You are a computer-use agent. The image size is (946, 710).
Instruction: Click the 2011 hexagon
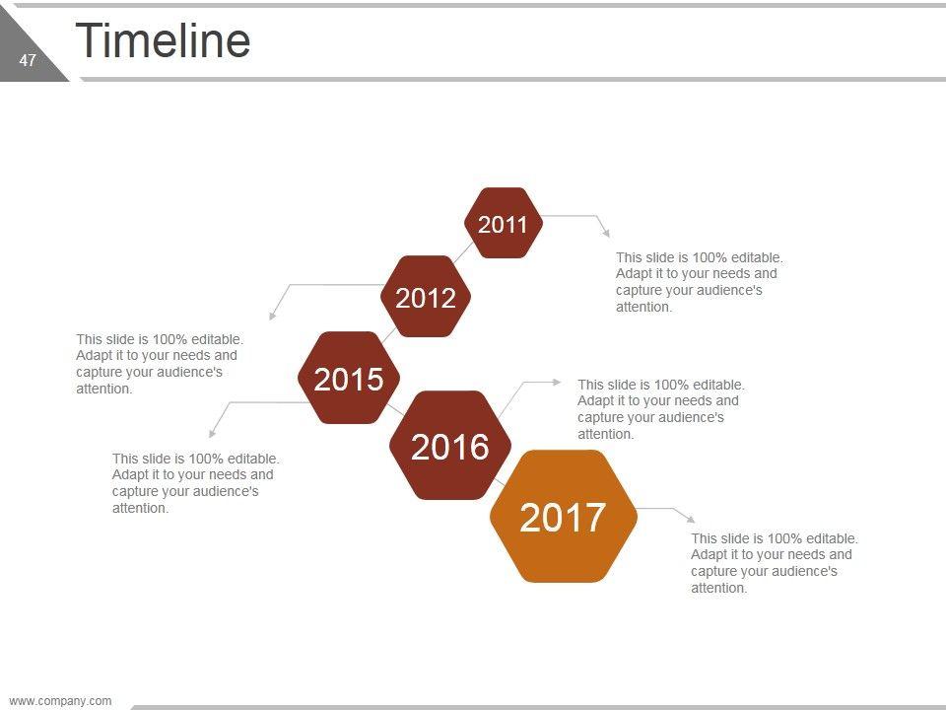504,223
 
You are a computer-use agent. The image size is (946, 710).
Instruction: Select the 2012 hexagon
426,296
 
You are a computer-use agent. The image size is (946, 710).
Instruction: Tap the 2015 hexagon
349,378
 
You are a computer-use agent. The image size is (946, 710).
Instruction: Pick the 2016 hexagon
450,445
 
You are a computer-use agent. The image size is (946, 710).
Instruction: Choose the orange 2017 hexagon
564,516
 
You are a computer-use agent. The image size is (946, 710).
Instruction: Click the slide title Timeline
163,40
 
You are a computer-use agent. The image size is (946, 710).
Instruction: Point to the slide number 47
28,60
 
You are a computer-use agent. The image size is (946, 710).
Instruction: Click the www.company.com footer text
60,701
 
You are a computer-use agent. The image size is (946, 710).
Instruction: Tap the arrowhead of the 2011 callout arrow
606,233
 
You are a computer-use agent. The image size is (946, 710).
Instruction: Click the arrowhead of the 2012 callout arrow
272,316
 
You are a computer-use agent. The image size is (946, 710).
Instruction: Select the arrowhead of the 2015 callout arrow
213,433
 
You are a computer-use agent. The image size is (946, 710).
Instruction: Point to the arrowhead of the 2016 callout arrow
557,382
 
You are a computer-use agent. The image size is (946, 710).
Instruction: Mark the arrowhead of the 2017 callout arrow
691,519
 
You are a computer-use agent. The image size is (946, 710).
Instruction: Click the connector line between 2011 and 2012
463,253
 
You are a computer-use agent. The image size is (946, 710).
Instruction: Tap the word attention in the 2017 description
718,588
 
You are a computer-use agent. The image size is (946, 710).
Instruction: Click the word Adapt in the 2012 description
92,356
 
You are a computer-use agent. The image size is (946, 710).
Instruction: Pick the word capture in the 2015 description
133,492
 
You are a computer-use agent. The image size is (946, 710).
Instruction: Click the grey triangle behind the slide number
23,54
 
